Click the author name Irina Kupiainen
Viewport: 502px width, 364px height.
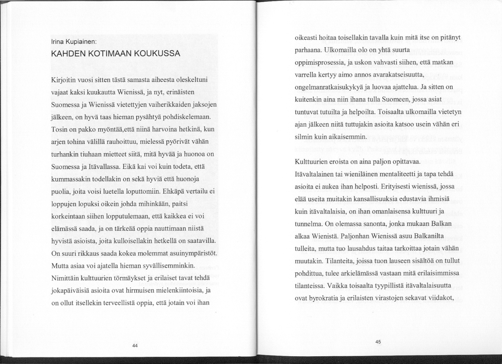pos(74,43)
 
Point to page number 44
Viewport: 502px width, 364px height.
pos(135,345)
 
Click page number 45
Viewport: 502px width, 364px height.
pos(378,342)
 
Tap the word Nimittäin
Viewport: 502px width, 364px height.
pos(65,278)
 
